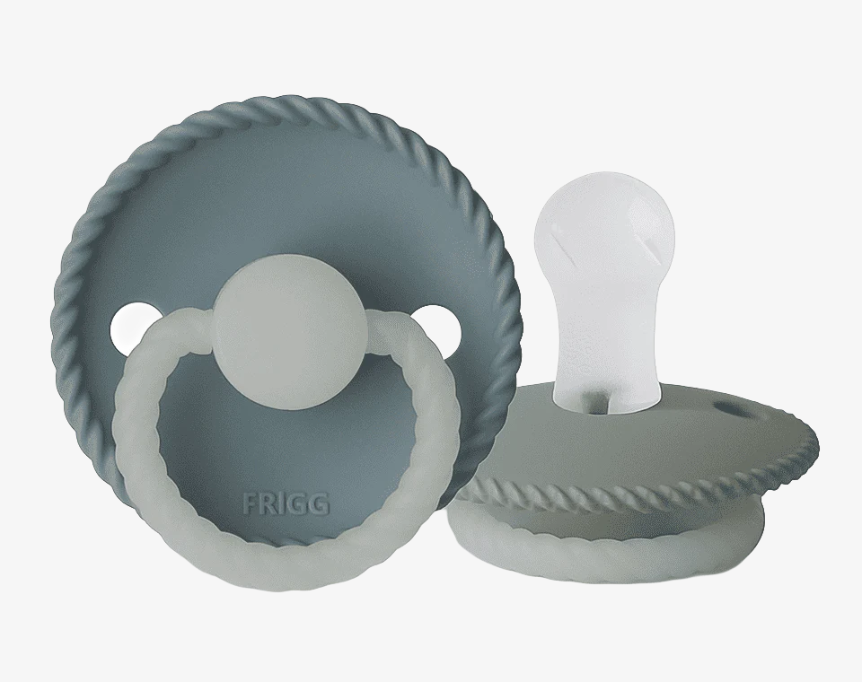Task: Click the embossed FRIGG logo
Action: (x=286, y=503)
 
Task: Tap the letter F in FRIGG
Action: (x=249, y=503)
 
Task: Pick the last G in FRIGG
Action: (x=321, y=503)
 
